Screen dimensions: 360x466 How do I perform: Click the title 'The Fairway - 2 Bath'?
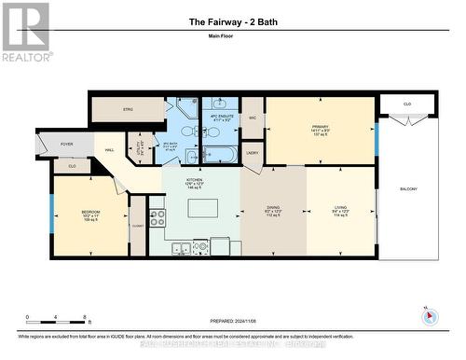[233, 21]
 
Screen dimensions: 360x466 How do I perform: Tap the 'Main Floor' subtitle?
[233, 37]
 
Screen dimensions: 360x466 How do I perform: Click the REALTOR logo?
[25, 32]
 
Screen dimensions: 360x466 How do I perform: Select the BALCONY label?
[408, 188]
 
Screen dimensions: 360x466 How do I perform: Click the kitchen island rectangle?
[203, 207]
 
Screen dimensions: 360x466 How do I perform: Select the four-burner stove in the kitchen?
[158, 217]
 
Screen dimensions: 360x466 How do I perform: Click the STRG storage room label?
[129, 110]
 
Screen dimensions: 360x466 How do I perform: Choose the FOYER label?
[67, 144]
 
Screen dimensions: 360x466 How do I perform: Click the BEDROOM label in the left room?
[90, 214]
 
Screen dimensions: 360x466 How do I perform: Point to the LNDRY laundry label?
[253, 154]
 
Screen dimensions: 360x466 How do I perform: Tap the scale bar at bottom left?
[56, 317]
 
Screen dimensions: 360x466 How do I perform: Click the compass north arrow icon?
[430, 316]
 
